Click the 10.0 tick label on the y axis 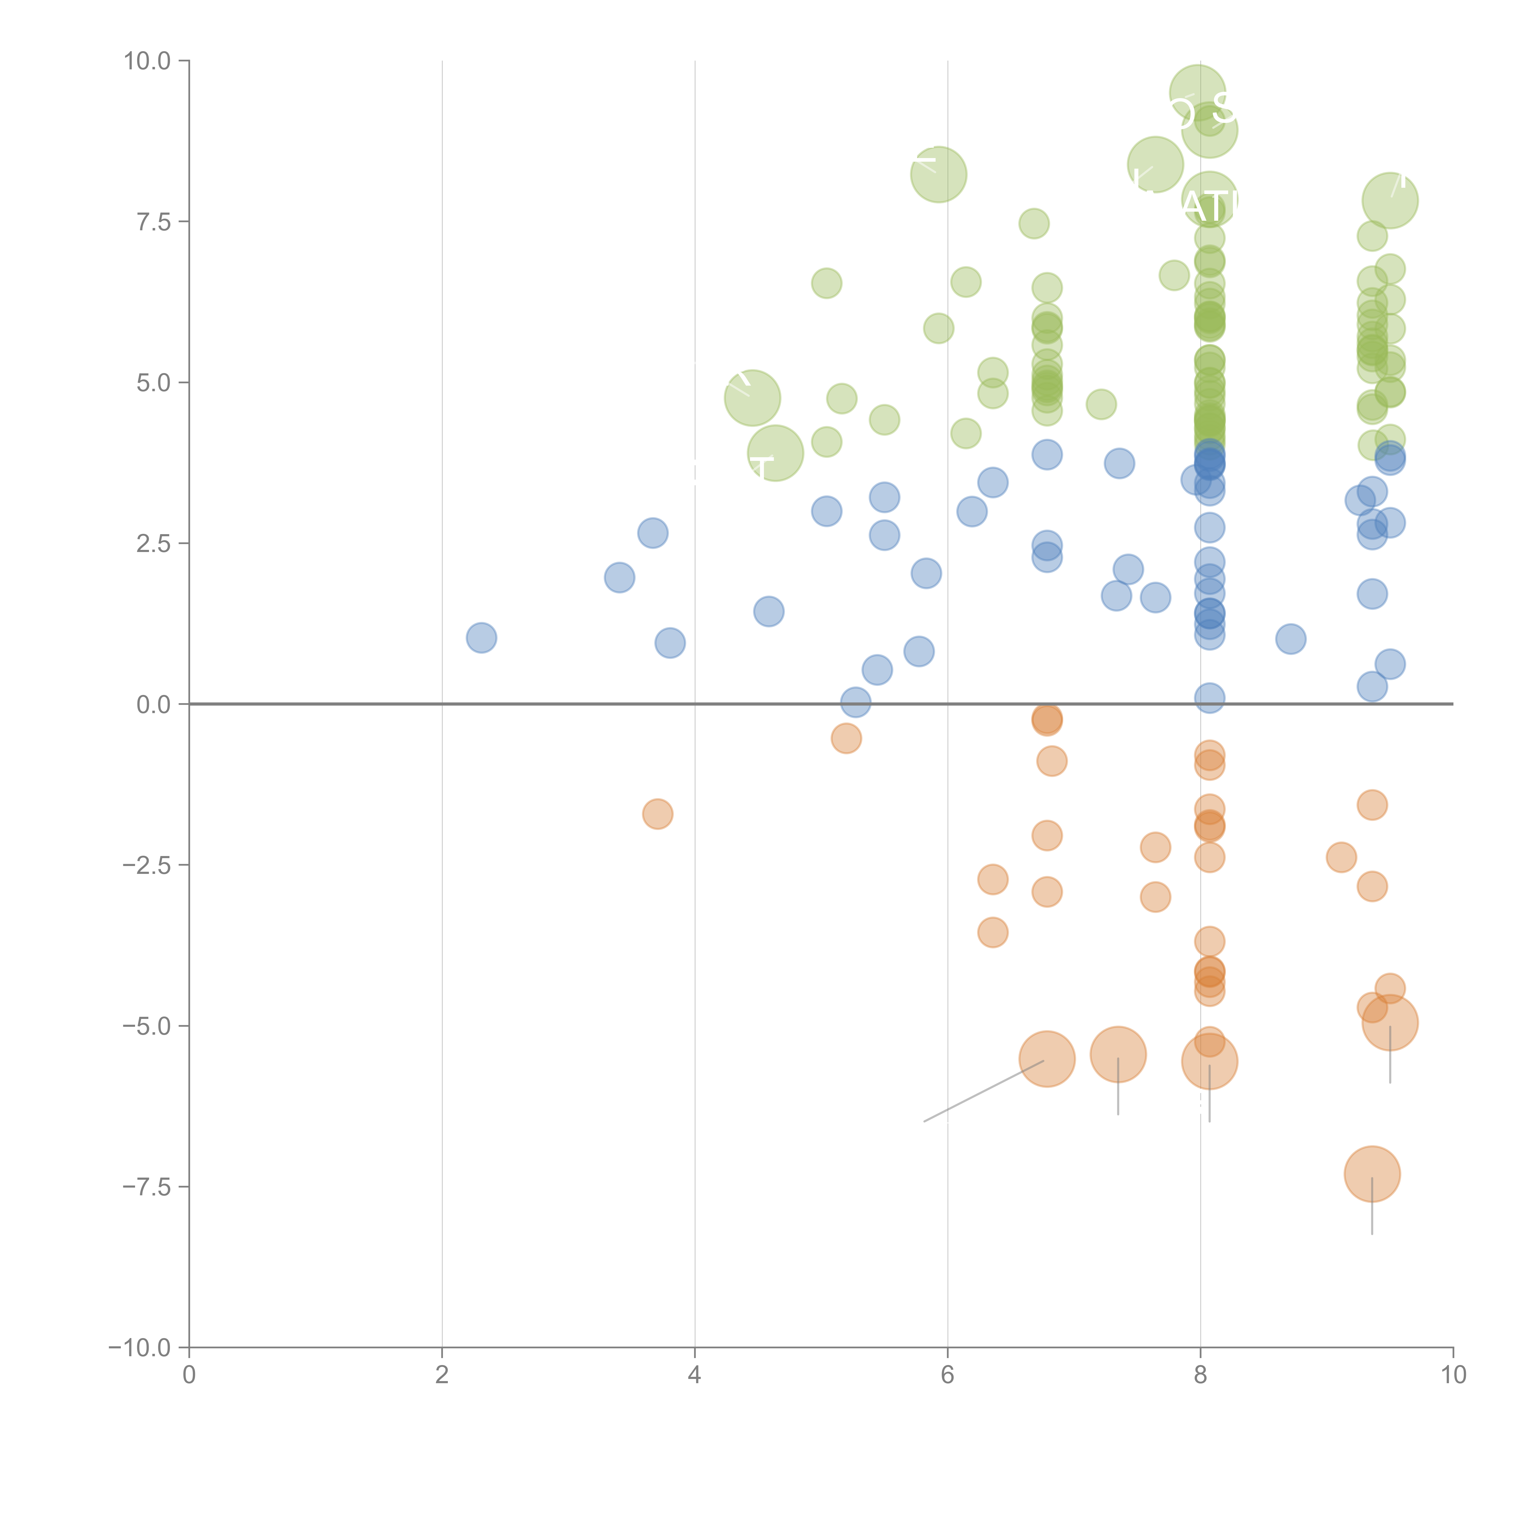click(147, 61)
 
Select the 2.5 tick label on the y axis click(154, 544)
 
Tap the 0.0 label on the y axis click(154, 705)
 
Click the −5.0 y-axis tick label click(147, 1026)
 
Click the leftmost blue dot click(481, 638)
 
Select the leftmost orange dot click(657, 814)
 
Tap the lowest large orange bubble click(1371, 1174)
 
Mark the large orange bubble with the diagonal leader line click(1047, 1059)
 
